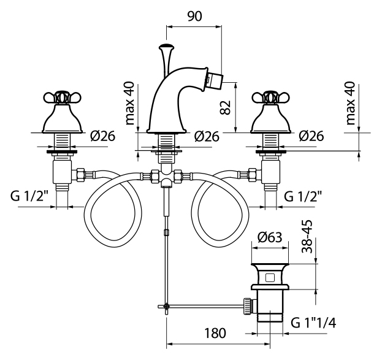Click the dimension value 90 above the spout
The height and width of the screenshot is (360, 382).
[x=195, y=17]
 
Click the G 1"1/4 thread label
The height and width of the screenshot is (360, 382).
[x=315, y=321]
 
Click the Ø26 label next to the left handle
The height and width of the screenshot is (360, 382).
[x=99, y=137]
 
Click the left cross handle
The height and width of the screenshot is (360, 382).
[x=60, y=97]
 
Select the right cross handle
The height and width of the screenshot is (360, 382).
[x=270, y=97]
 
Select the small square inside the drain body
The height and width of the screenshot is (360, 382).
[x=270, y=277]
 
